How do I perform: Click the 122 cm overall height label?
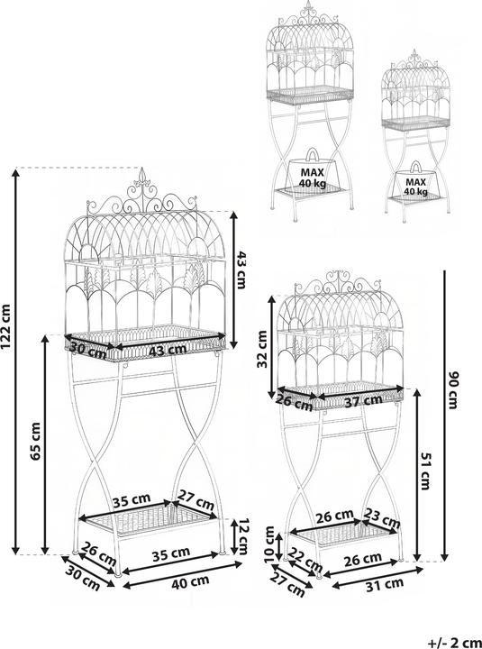click(6, 327)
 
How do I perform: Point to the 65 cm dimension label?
click(36, 441)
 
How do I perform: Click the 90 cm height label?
click(452, 390)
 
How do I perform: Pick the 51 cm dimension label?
click(426, 471)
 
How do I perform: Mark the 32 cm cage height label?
click(263, 349)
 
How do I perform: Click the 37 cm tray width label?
click(363, 400)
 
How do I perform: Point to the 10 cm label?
click(269, 544)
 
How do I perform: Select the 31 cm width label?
click(385, 584)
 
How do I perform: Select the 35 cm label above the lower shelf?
click(132, 500)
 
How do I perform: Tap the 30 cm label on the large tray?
click(87, 349)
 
